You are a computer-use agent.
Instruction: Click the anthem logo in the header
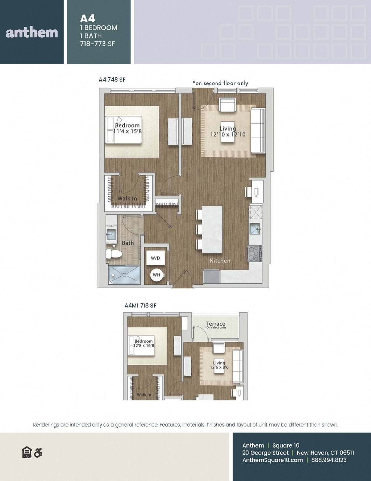pos(32,33)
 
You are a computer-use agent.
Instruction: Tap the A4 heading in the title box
pos(88,19)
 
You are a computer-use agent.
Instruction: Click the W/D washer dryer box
pos(155,258)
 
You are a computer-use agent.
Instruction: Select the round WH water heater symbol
pos(156,275)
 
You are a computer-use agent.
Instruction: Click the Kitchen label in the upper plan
pos(220,261)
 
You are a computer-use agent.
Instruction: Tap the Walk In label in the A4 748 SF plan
pos(127,199)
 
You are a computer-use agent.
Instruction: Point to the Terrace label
pos(216,324)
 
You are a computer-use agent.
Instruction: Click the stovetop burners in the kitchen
pos(254,253)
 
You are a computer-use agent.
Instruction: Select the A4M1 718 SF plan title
pos(140,306)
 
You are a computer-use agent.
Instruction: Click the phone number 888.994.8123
pos(329,460)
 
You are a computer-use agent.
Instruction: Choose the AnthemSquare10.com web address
pos(272,460)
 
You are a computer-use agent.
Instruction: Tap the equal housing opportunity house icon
pos(27,452)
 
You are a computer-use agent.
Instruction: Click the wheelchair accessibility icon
pos(38,453)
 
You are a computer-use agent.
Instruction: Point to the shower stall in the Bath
pos(124,274)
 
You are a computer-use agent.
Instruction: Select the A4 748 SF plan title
pos(112,80)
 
